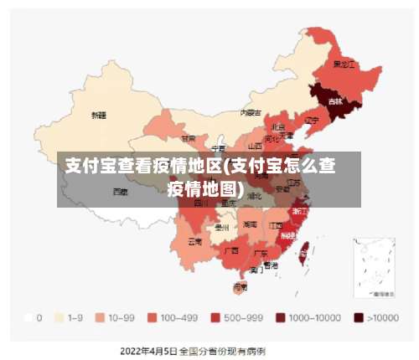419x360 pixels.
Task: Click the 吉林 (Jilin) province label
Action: point(335,101)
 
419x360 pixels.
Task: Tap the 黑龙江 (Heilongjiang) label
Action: point(344,64)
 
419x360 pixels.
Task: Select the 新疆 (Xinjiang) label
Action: point(99,115)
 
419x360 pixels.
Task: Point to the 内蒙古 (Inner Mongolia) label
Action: point(251,112)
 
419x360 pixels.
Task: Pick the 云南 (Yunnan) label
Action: point(194,241)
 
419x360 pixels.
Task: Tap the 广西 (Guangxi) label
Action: point(232,249)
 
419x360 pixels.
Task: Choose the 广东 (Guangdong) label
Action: point(261,253)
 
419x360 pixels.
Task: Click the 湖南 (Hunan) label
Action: point(250,224)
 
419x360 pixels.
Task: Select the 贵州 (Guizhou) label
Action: point(221,227)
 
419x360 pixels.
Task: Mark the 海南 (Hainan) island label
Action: point(240,286)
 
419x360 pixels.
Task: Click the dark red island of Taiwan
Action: point(304,248)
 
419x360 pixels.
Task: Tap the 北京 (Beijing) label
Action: point(277,126)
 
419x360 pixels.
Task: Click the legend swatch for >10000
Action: point(359,318)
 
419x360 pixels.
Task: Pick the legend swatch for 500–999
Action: point(215,318)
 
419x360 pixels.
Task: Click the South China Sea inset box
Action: point(374,267)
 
